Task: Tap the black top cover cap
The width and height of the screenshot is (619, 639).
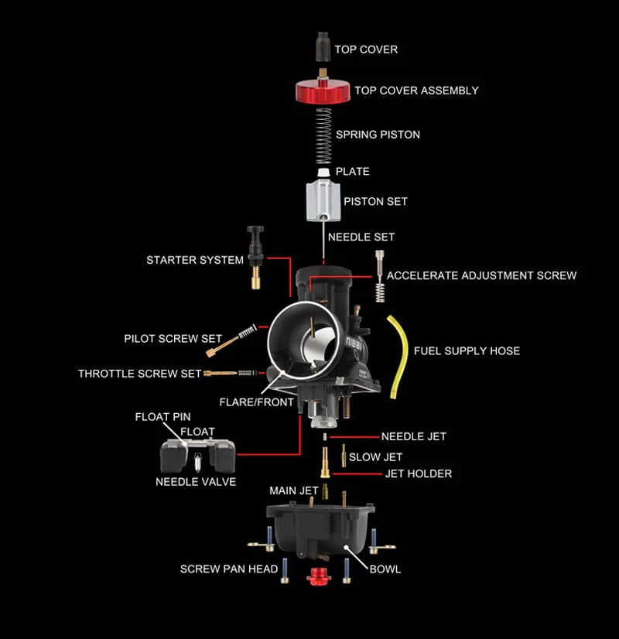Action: click(323, 48)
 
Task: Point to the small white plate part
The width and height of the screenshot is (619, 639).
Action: click(323, 171)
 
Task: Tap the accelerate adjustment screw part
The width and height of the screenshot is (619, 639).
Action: click(379, 276)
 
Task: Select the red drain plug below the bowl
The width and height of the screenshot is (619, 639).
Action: click(316, 576)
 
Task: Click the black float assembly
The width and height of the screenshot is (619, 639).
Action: click(197, 456)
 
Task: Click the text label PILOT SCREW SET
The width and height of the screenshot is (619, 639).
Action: click(173, 339)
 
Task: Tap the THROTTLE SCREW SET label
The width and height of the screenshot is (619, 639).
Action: click(139, 374)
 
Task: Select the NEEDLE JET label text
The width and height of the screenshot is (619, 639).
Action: click(413, 436)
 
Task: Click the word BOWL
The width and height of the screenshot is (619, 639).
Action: click(385, 569)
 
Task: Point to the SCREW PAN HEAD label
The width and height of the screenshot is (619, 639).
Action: click(229, 569)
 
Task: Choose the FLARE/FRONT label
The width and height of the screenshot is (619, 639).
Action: click(257, 402)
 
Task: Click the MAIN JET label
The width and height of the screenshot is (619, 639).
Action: click(293, 490)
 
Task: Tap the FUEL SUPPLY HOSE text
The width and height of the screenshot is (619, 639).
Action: click(467, 350)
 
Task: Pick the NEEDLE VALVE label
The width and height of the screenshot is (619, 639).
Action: click(196, 481)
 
